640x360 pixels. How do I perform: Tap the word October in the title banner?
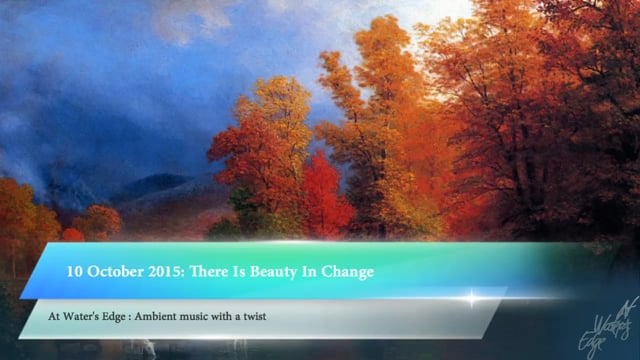(115, 270)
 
